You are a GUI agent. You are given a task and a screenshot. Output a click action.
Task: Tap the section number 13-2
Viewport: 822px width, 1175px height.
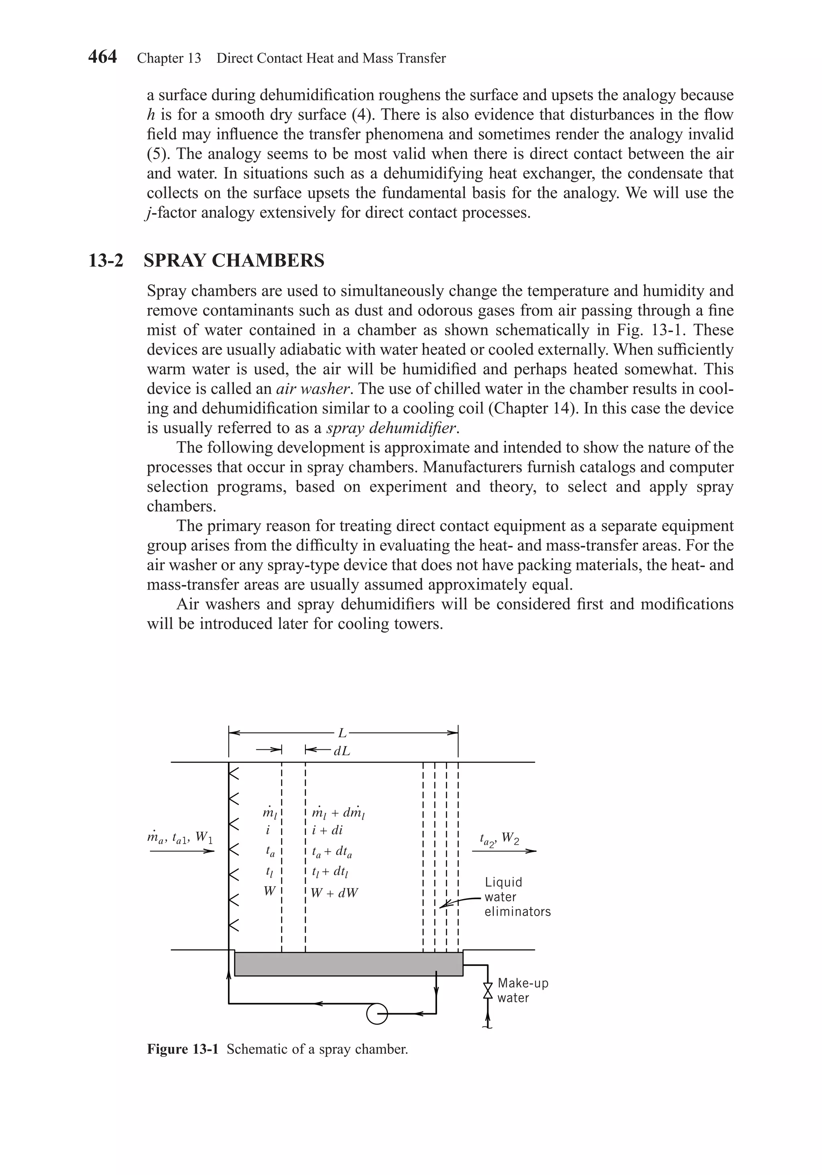[106, 261]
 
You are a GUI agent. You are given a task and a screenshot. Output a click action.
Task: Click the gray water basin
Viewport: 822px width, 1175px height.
[348, 964]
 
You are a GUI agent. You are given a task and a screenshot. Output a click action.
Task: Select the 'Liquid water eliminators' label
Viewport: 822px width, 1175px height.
[517, 897]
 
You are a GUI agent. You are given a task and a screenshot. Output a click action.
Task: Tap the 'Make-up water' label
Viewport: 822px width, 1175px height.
[522, 990]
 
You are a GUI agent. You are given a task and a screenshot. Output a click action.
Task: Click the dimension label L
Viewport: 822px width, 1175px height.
[342, 733]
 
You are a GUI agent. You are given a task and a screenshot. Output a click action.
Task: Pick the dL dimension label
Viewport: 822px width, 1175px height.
[342, 751]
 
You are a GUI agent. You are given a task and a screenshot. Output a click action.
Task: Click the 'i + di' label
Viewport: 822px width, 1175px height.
[328, 830]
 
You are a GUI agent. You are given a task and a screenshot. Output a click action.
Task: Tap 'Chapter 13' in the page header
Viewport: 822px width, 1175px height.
[169, 58]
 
